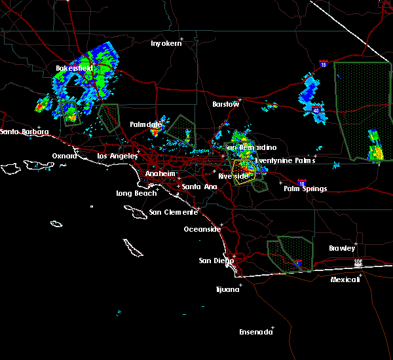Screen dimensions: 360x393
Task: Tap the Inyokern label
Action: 165,43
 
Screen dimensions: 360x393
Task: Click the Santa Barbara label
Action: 24,132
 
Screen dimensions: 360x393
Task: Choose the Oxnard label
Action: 64,156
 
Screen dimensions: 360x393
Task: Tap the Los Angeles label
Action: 117,156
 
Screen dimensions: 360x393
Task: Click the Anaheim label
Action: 159,173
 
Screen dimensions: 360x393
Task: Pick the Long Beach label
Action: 136,193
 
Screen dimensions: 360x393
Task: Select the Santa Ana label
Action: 199,187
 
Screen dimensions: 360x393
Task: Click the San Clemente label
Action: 172,212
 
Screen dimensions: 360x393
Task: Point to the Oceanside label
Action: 201,229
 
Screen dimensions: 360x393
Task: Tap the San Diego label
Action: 216,261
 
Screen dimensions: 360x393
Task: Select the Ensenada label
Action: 255,332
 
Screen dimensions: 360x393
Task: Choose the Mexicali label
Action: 345,279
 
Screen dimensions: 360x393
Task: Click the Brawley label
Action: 342,248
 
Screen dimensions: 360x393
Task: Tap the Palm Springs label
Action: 305,189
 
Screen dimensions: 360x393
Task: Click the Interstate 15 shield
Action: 323,64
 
